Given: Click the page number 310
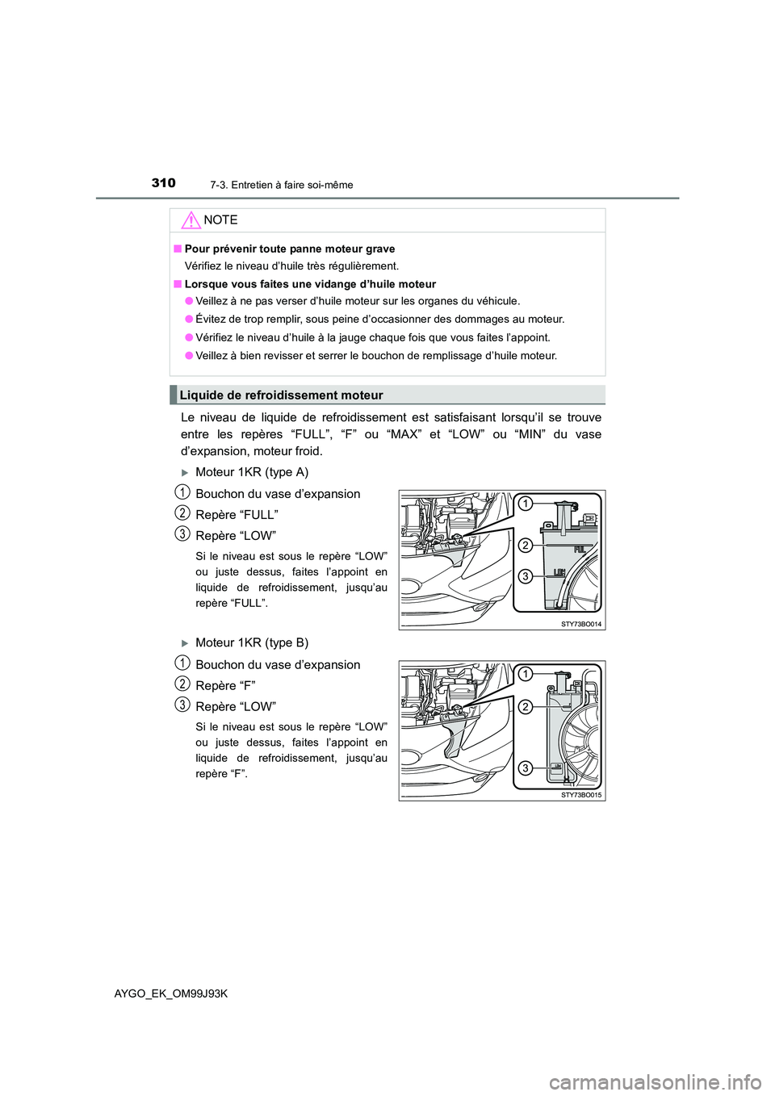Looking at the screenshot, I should [163, 183].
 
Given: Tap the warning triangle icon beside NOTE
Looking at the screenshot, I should [191, 220].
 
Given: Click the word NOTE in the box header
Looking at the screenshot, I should [220, 220].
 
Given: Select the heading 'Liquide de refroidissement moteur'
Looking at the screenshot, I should [281, 395].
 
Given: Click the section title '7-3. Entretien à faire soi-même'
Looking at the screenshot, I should [281, 185].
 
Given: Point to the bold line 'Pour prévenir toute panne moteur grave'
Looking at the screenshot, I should [289, 249].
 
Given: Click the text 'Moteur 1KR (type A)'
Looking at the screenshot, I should [252, 472].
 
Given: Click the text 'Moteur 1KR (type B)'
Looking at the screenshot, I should [252, 643].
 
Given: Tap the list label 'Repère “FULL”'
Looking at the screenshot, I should [237, 515].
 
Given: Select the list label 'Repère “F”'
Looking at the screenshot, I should [225, 686].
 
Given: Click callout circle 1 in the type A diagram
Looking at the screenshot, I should [525, 504].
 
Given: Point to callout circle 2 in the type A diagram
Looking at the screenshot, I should [525, 546].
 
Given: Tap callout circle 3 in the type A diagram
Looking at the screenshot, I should [525, 576].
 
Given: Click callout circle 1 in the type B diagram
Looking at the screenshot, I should [525, 674].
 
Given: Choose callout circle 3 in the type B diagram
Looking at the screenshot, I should [525, 768].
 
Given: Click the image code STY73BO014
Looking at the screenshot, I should [581, 624].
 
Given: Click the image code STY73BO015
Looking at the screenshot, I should [581, 795].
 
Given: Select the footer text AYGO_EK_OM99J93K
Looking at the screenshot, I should [171, 994].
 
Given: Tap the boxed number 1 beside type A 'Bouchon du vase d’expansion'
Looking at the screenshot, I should [183, 492].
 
